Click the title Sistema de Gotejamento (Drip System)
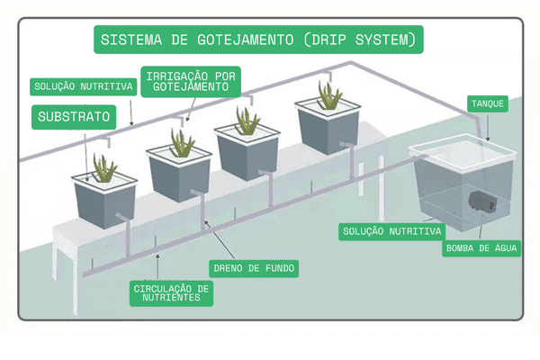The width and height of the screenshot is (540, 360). (x=258, y=40)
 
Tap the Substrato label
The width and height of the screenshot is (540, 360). (x=75, y=117)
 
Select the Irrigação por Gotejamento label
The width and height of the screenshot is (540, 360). (x=189, y=79)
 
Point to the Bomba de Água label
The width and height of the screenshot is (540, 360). (x=481, y=248)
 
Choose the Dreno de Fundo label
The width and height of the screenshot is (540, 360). (x=253, y=268)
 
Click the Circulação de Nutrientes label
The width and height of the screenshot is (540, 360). (x=171, y=292)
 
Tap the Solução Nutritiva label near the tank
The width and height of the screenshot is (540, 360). (x=391, y=231)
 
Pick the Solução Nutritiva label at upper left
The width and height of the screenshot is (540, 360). (x=83, y=87)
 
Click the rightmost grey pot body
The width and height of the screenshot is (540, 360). (x=328, y=130)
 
